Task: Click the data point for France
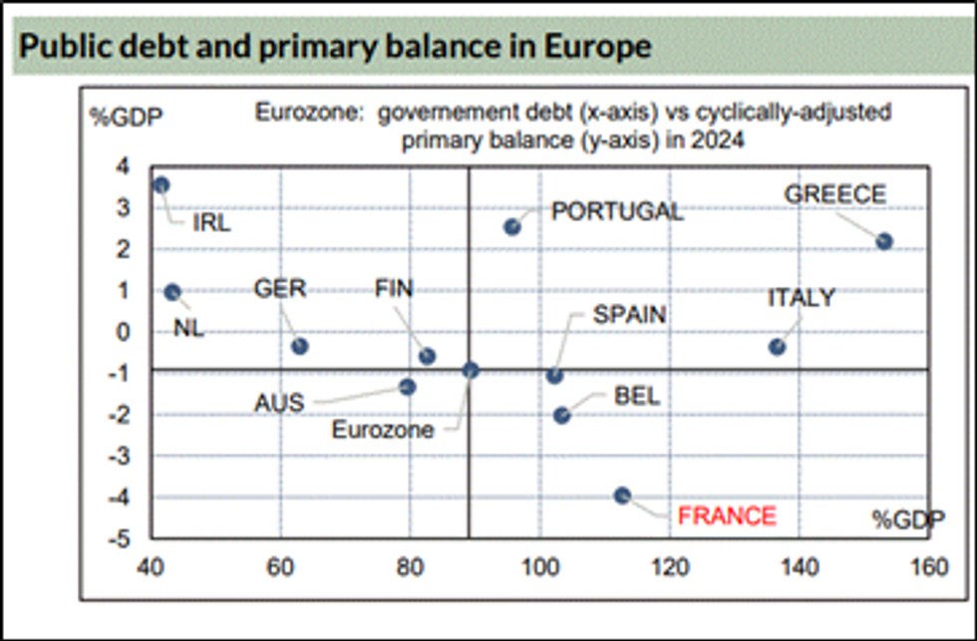coord(622,495)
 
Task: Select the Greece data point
coord(883,241)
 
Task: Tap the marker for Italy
coord(777,347)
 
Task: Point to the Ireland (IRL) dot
coord(162,184)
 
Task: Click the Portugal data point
coord(512,227)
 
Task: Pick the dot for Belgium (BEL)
coord(561,415)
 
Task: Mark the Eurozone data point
coord(471,370)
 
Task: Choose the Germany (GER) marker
coord(299,346)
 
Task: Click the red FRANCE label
coord(726,515)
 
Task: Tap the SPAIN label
coord(629,315)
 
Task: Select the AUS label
coord(279,404)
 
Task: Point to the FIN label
coord(393,289)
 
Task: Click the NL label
coord(188,328)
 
